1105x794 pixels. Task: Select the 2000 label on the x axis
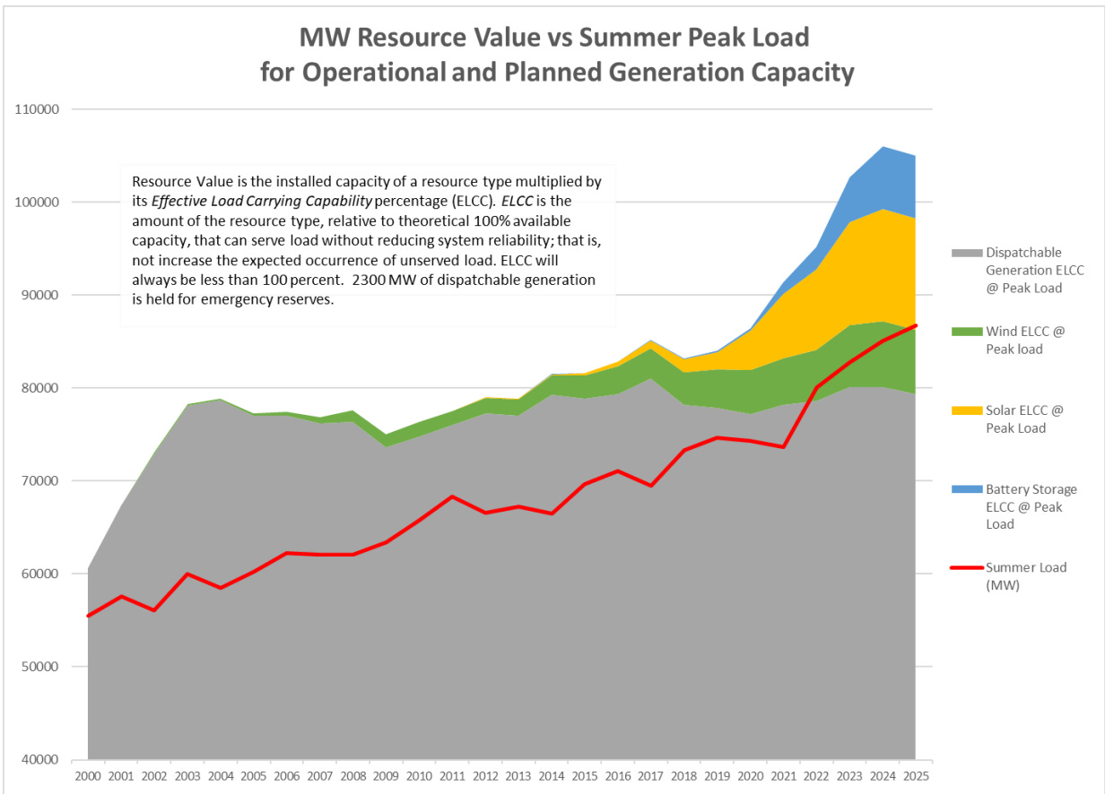pyautogui.click(x=88, y=775)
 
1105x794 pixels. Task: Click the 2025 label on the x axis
pyautogui.click(x=916, y=775)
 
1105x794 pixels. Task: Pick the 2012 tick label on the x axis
pyautogui.click(x=485, y=775)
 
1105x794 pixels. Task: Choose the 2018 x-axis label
pyautogui.click(x=684, y=775)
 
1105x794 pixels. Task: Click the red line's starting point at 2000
pyautogui.click(x=88, y=616)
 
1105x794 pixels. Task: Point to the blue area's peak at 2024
pyautogui.click(x=883, y=146)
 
